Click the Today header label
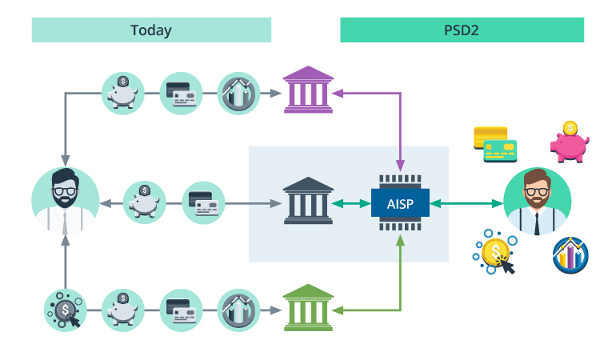[151, 30]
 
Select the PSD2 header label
[462, 30]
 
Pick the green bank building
[308, 308]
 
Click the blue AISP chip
[400, 203]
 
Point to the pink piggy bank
[569, 142]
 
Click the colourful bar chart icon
[571, 255]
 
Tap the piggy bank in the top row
[123, 93]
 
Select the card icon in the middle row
[204, 203]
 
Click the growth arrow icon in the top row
[238, 93]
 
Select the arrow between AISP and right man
[466, 203]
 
